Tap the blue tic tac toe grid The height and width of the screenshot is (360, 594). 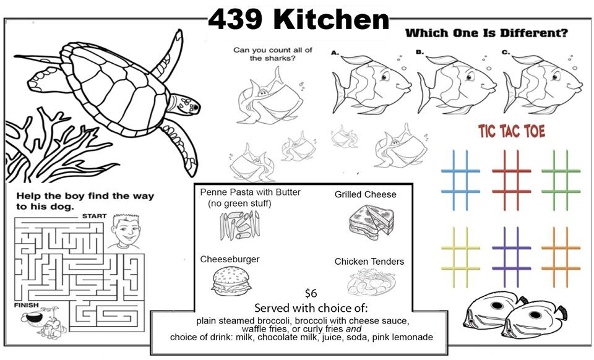pyautogui.click(x=460, y=180)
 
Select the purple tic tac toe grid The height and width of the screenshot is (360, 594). pyautogui.click(x=512, y=257)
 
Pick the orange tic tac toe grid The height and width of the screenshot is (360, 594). pyautogui.click(x=561, y=257)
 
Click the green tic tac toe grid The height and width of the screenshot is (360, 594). pyautogui.click(x=561, y=180)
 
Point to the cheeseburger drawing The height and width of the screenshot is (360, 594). pyautogui.click(x=231, y=281)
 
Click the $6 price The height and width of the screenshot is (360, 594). pyautogui.click(x=311, y=293)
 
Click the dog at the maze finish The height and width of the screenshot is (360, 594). pyautogui.click(x=44, y=322)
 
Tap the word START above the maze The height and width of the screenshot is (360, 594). pyautogui.click(x=94, y=216)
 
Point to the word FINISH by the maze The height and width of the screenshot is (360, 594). pyautogui.click(x=27, y=305)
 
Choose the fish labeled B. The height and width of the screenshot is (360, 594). pyautogui.click(x=456, y=85)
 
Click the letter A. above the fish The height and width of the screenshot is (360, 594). pyautogui.click(x=335, y=53)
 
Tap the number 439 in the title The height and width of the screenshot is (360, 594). pyautogui.click(x=235, y=19)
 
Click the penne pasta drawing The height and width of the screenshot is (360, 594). pyautogui.click(x=240, y=226)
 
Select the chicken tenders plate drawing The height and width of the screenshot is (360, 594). pyautogui.click(x=371, y=281)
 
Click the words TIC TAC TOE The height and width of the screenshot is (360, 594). pyautogui.click(x=512, y=131)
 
